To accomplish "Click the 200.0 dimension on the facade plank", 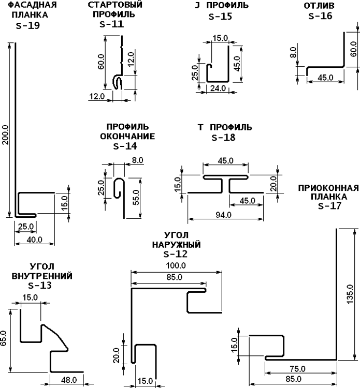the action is (x=6, y=135).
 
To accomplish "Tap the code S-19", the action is (x=28, y=25).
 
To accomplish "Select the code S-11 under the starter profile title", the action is (x=111, y=24).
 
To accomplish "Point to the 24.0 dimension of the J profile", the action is (x=218, y=88).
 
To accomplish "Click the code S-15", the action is (x=220, y=17).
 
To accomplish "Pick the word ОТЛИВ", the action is (x=319, y=6).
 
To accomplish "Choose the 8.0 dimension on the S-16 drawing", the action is (x=293, y=52).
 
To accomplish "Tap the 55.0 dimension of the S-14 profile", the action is (x=136, y=197).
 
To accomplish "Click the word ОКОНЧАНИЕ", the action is (x=127, y=137).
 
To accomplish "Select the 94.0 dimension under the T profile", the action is (x=223, y=215).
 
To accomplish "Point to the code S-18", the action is (x=223, y=137).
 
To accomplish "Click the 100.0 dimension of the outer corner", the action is (x=176, y=265).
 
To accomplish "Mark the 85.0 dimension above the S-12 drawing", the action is (x=175, y=277).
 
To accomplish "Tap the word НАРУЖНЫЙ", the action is (x=177, y=245).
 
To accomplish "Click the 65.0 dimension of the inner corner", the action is (x=4, y=338).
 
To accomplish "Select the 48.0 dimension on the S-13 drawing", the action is (x=69, y=380).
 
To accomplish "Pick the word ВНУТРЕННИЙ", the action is (x=42, y=276).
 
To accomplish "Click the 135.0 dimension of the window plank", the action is (x=349, y=294).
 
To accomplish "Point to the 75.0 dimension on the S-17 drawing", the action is (x=297, y=369).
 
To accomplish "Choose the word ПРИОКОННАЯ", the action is (x=328, y=188).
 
